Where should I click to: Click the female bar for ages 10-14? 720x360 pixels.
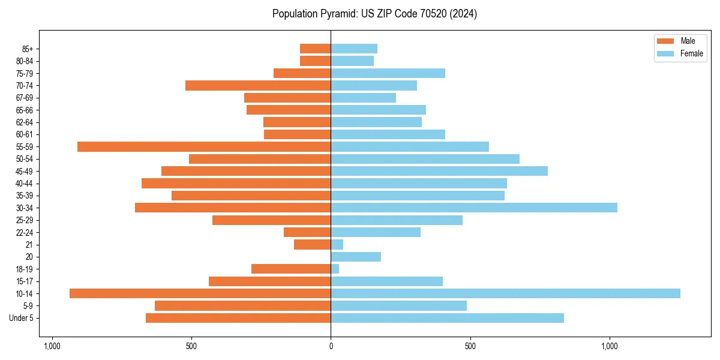[505, 293]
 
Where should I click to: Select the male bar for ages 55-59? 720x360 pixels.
[204, 146]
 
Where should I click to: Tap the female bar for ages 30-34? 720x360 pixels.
[474, 208]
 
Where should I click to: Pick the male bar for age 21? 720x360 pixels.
[312, 244]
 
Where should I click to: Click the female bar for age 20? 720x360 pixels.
[356, 257]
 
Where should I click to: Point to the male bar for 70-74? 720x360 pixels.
[258, 85]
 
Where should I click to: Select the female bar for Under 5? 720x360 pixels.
[447, 318]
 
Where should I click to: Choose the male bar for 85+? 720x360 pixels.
[315, 49]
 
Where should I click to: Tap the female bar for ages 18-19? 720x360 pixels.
[335, 269]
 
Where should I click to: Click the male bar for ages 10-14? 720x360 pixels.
[200, 293]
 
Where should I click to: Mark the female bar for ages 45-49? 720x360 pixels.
[439, 171]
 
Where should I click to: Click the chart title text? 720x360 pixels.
[374, 14]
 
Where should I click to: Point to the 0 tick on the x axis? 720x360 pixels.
[331, 346]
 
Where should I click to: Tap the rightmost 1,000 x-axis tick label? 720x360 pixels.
[610, 346]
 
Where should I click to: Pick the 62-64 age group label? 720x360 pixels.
[25, 122]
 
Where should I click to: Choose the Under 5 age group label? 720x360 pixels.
[22, 318]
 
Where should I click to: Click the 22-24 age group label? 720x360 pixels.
[25, 232]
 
